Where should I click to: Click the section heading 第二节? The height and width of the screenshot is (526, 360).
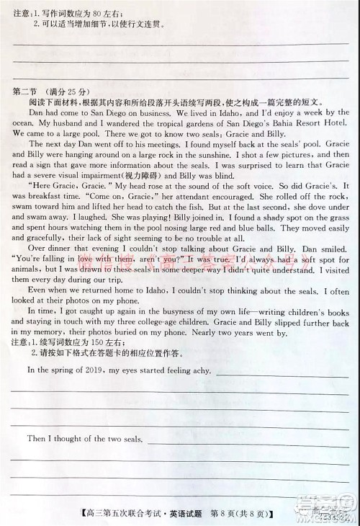[27, 92]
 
